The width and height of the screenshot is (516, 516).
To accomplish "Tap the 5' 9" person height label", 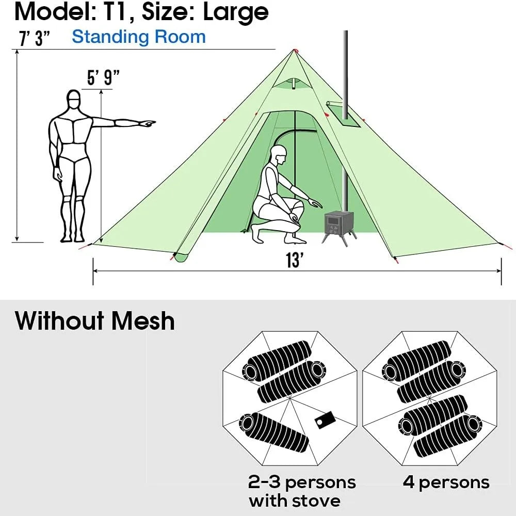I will coord(103,78).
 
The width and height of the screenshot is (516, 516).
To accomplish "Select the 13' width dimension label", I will coord(294,261).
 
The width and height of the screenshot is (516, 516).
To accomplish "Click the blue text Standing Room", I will coord(138,37).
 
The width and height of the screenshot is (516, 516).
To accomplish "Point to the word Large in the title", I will coord(236,12).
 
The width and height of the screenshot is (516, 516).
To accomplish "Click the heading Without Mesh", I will coord(95,320).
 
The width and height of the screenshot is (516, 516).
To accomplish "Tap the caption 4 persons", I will coord(446,482).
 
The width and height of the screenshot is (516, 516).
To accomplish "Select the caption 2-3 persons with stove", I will coord(302,491).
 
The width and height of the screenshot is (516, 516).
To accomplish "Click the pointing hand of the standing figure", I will coord(148,123).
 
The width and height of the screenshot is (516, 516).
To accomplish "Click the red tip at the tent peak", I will coord(295,50).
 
